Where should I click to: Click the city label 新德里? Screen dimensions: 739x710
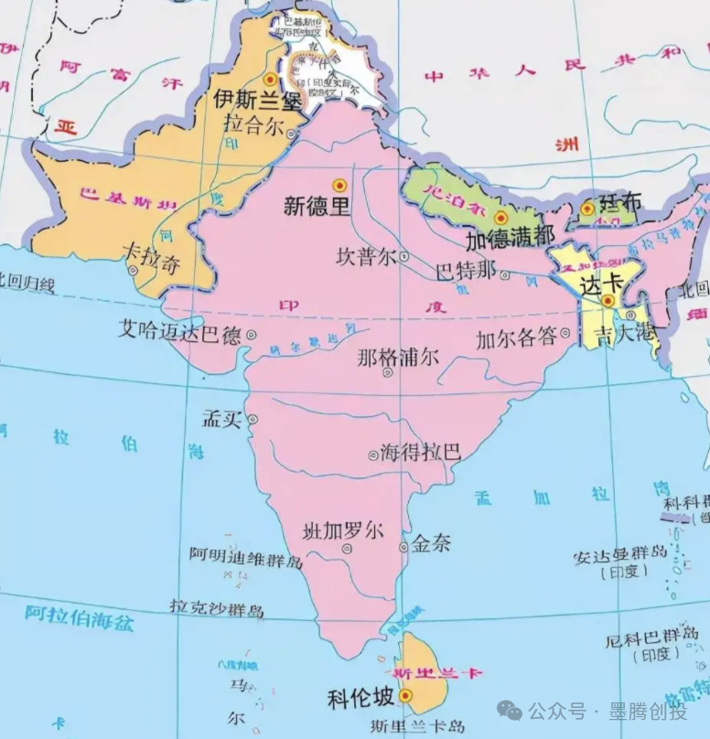[x=317, y=207]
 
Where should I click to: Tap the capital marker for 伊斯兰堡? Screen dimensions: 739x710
[x=269, y=80]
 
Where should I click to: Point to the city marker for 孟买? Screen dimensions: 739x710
[x=253, y=420]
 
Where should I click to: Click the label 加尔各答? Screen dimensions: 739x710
[x=516, y=337]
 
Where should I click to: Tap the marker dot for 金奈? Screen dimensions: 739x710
[x=403, y=547]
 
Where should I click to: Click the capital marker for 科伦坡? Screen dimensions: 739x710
[x=405, y=695]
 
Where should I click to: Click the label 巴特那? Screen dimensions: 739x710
[x=465, y=272]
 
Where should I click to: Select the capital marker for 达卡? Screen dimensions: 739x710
[x=608, y=300]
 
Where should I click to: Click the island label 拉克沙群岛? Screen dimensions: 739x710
[x=217, y=608]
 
